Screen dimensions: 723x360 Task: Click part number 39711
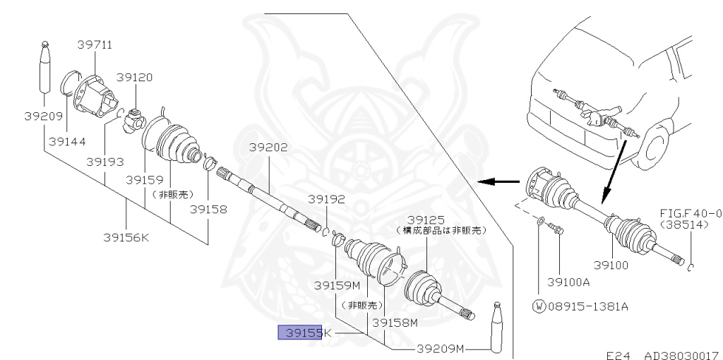[x=95, y=45]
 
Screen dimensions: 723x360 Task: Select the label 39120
[x=134, y=78]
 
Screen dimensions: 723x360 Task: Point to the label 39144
[x=67, y=141]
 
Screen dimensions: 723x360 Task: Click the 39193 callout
[x=105, y=162]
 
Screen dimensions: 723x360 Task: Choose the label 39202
[x=268, y=148]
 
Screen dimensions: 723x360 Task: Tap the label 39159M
[x=337, y=286]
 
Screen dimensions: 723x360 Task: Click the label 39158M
[x=395, y=323]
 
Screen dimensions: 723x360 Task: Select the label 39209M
[x=440, y=348]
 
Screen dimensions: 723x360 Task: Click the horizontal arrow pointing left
[x=496, y=181]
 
